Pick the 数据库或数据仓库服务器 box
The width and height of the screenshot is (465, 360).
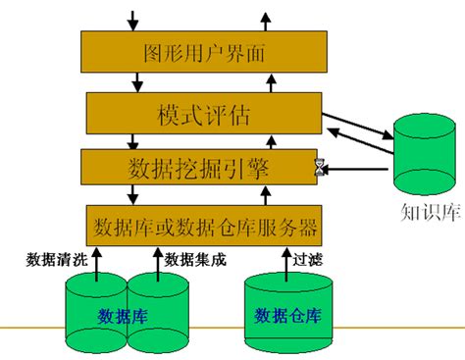pyautogui.click(x=204, y=228)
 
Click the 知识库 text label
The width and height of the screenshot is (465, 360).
pyautogui.click(x=429, y=214)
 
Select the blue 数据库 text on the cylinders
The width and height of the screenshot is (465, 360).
pyautogui.click(x=124, y=316)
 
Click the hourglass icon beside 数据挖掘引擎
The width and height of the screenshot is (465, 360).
pyautogui.click(x=319, y=169)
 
